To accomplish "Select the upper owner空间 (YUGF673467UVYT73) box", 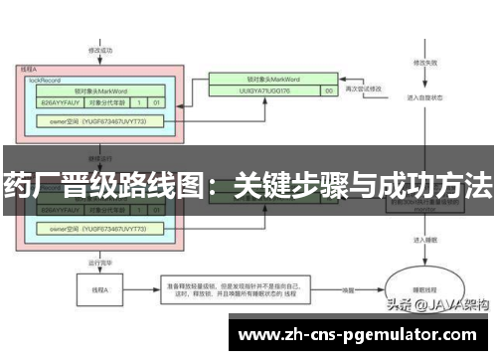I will pos(97,121).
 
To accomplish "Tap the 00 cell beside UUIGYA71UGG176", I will pos(328,90).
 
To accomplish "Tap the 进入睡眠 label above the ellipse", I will pos(419,240).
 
